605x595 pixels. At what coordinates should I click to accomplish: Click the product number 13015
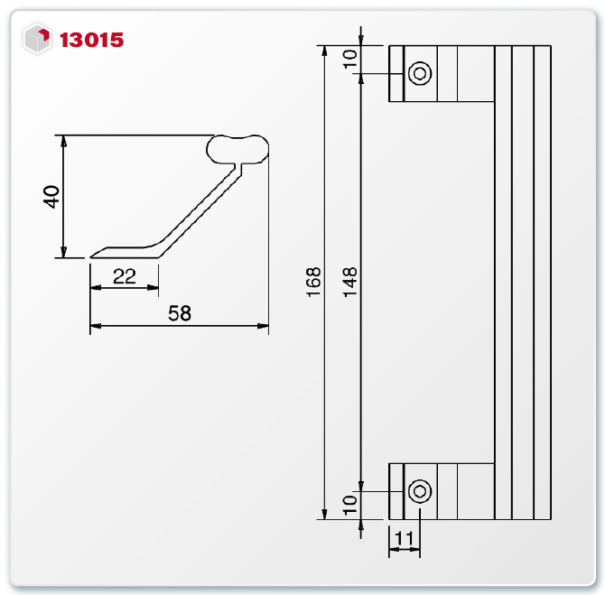91,40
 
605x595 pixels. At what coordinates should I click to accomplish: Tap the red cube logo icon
38,39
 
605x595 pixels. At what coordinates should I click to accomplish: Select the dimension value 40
51,197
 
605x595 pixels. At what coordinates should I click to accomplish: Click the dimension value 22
125,276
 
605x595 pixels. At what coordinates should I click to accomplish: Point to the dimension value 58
180,312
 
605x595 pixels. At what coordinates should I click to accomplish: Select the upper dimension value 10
350,60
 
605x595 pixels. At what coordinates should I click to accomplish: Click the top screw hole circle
419,73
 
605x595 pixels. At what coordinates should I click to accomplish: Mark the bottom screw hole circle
419,491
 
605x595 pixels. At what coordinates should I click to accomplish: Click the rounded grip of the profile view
238,147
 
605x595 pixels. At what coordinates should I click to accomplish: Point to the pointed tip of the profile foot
92,256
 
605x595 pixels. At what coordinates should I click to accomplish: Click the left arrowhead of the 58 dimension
95,326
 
